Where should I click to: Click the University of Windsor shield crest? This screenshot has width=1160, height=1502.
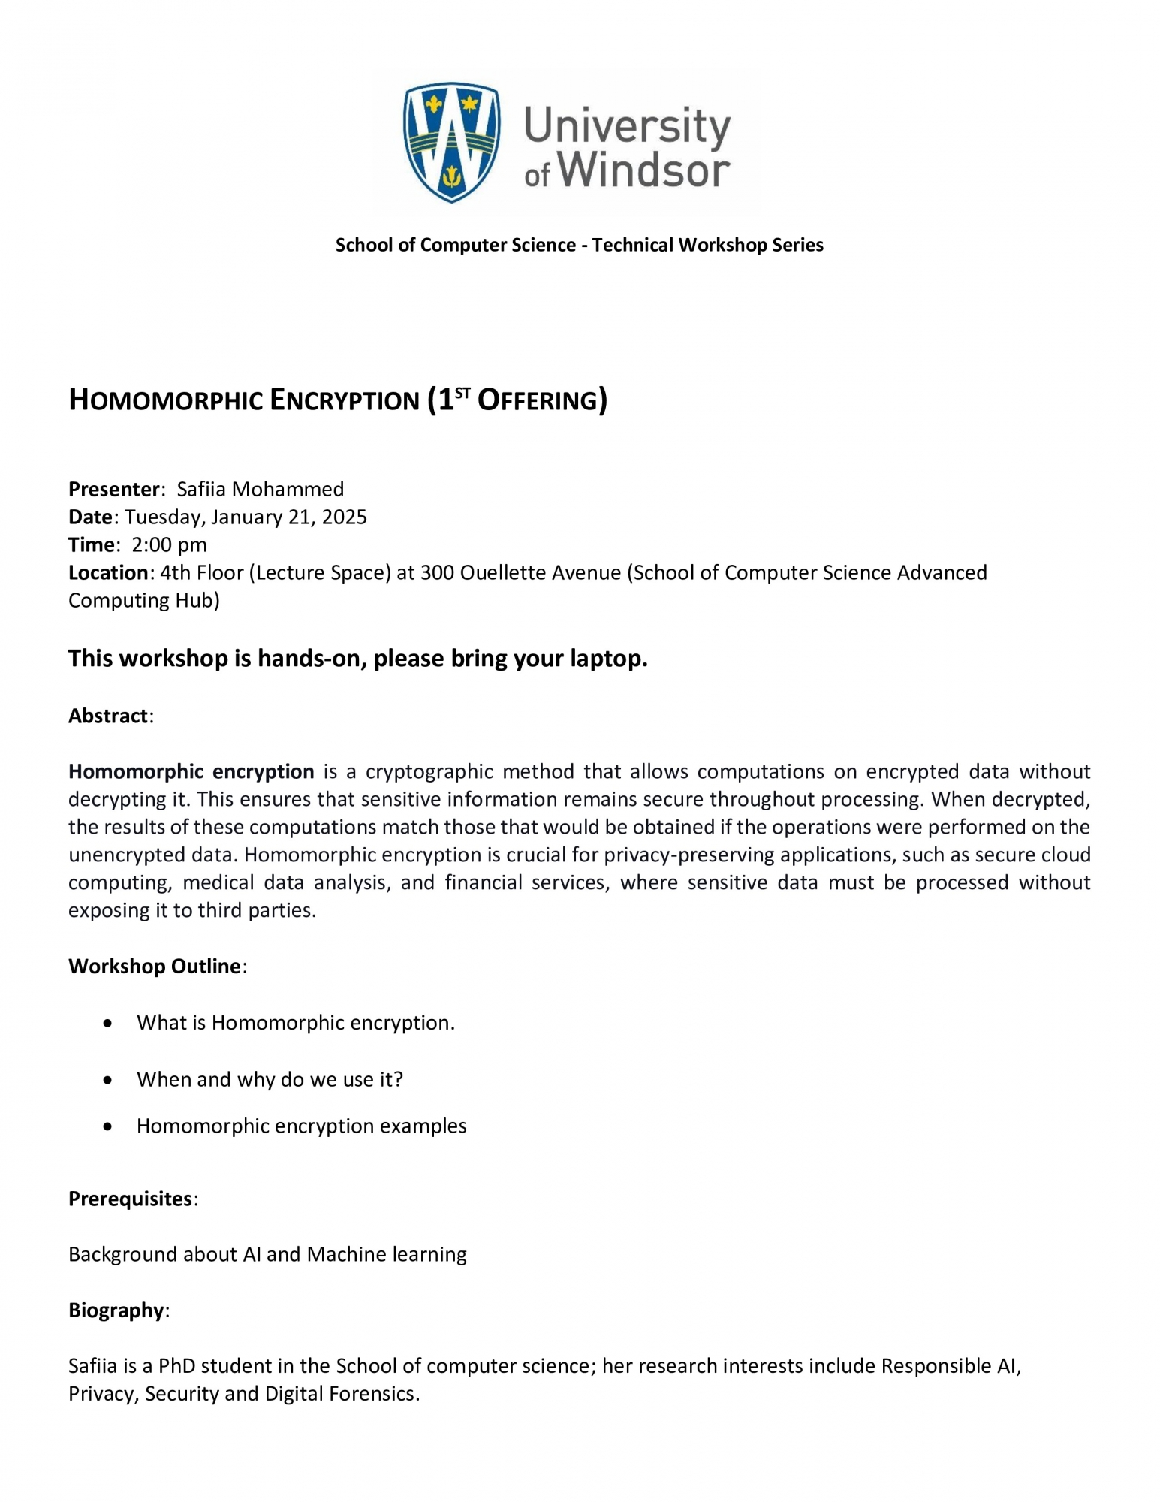(x=451, y=142)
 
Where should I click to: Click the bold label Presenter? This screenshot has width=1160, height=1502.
(x=114, y=489)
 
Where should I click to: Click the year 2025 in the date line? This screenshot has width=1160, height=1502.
(x=344, y=517)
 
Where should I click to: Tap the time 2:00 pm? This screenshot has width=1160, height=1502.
(x=169, y=544)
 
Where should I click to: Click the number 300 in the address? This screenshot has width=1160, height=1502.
(x=438, y=572)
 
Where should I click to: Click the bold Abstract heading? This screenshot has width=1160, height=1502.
(x=109, y=716)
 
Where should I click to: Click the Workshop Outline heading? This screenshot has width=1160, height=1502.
(x=155, y=966)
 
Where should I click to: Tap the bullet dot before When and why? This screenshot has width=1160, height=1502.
(x=109, y=1080)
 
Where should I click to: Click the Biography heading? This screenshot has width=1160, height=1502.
(x=116, y=1310)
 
